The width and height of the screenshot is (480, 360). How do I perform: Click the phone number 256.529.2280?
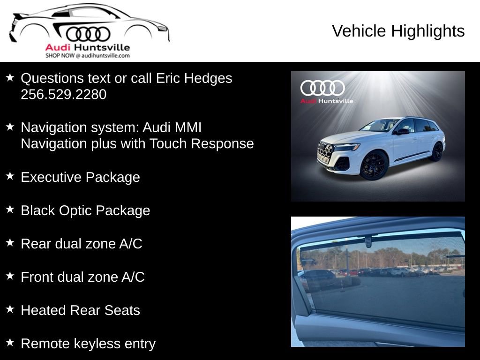pyautogui.click(x=63, y=94)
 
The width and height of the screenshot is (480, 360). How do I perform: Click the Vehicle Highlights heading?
pyautogui.click(x=398, y=31)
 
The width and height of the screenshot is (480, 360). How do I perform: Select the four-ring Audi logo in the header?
pyautogui.click(x=88, y=34)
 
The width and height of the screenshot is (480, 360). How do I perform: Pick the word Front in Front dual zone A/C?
pyautogui.click(x=37, y=277)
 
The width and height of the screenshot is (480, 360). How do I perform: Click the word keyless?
pyautogui.click(x=98, y=344)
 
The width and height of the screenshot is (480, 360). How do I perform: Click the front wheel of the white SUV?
pyautogui.click(x=374, y=165)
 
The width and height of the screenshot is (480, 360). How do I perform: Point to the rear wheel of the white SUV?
pyautogui.click(x=436, y=151)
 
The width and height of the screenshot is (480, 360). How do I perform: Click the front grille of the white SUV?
pyautogui.click(x=325, y=152)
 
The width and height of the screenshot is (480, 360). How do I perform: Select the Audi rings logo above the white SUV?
pyautogui.click(x=322, y=88)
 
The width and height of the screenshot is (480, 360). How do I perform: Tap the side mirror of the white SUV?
pyautogui.click(x=402, y=131)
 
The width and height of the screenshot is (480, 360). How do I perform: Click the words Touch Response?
pyautogui.click(x=202, y=143)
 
